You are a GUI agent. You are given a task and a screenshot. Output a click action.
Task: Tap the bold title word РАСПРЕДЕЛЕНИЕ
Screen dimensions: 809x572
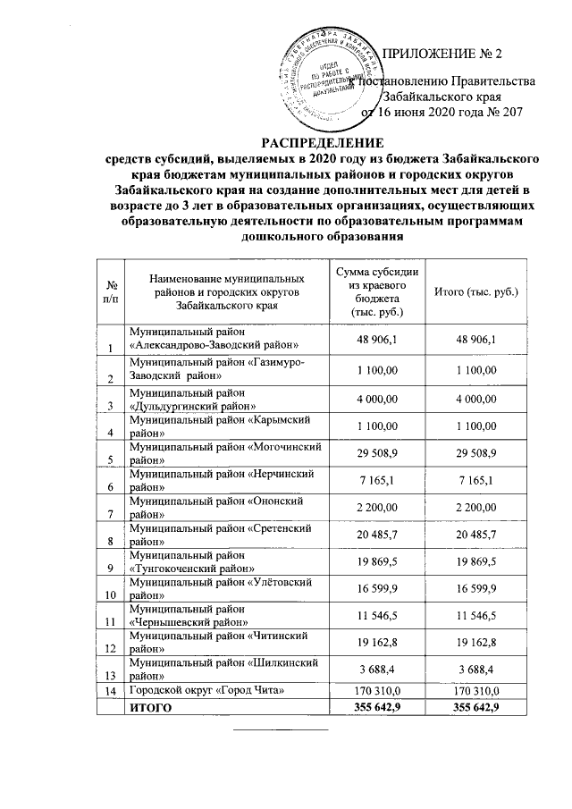(x=322, y=143)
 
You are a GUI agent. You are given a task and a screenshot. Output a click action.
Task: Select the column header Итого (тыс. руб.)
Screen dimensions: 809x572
(x=475, y=291)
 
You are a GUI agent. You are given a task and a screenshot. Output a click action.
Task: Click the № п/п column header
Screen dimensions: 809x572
(x=110, y=291)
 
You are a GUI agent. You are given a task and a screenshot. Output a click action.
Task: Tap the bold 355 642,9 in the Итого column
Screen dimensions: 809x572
(x=475, y=707)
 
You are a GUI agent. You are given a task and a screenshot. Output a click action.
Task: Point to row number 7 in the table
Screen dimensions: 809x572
(x=110, y=514)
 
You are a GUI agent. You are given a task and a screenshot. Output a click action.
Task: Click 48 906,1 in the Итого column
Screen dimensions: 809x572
(x=475, y=338)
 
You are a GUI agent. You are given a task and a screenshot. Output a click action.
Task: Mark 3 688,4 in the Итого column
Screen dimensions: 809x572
(x=475, y=668)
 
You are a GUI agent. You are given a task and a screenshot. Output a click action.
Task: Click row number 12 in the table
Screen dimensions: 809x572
(x=110, y=647)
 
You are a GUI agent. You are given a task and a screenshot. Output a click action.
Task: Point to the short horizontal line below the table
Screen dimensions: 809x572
(x=281, y=731)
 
